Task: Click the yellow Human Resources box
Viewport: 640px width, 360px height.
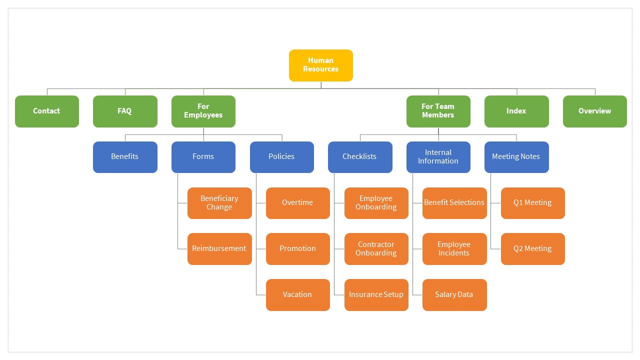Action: click(321, 65)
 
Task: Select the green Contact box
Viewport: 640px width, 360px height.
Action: click(47, 111)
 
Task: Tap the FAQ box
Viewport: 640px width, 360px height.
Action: click(125, 111)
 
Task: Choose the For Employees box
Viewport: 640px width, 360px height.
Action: click(203, 111)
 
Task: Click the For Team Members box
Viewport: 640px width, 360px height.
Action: click(438, 111)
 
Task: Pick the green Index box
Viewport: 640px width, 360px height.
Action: click(516, 111)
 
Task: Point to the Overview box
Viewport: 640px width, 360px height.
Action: click(595, 111)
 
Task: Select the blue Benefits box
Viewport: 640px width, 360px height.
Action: click(125, 157)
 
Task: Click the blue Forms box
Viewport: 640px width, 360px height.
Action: click(203, 157)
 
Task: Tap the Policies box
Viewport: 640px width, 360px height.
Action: click(282, 157)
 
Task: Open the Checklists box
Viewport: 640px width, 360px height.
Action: click(360, 157)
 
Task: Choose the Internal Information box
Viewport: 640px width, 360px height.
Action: click(438, 157)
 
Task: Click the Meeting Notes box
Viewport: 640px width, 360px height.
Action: click(516, 157)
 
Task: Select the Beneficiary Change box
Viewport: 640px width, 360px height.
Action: click(219, 203)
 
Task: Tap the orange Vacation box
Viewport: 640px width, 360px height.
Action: click(298, 295)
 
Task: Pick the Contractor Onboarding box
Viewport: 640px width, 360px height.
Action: click(376, 249)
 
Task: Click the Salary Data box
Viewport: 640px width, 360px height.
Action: click(454, 295)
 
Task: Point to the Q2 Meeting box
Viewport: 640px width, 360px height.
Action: click(533, 249)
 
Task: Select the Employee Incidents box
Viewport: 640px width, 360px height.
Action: click(454, 249)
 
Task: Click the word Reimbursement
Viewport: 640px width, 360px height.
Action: click(219, 248)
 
